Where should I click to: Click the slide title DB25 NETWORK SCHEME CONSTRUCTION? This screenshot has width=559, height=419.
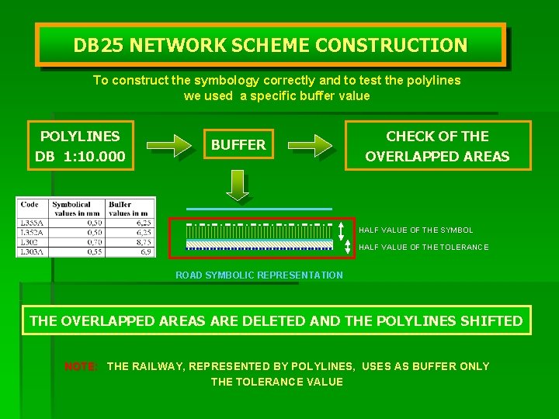270,45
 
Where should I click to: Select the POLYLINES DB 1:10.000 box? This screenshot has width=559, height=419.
80,146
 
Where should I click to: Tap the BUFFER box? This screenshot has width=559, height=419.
238,144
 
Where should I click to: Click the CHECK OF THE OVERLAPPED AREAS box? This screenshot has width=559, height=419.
437,146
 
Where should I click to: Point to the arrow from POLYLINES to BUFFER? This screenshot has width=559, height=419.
168,145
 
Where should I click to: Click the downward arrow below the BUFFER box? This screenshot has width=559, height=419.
238,185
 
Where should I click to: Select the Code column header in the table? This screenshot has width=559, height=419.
30,205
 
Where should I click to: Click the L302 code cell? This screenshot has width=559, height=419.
30,242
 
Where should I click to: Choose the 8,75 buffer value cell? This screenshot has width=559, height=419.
142,242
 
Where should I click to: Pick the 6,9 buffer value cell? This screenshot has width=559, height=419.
145,251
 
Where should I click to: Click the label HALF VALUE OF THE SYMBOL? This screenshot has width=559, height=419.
415,230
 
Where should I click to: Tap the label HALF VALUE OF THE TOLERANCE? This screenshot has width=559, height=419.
423,248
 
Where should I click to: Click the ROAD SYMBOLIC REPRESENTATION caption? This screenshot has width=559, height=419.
259,275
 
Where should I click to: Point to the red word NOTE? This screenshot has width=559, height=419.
81,366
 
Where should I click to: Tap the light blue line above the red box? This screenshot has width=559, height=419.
259,209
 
